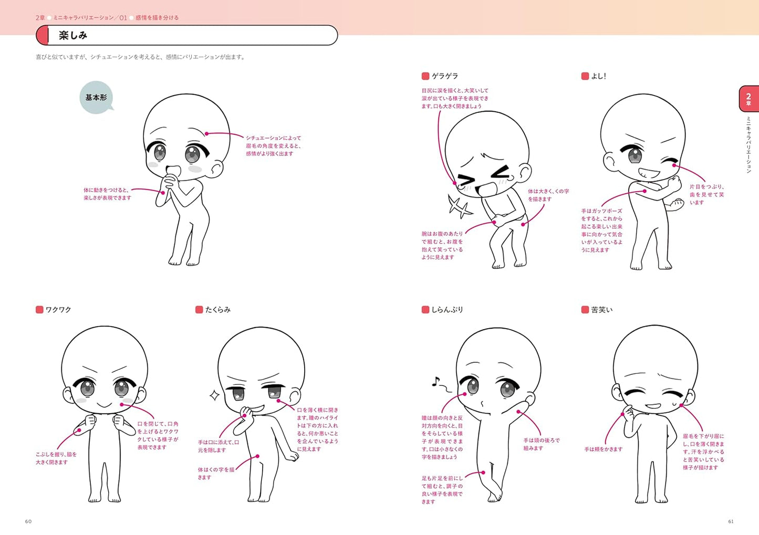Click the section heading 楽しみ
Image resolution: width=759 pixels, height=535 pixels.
(x=73, y=36)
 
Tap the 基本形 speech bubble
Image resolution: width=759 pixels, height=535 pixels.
(x=96, y=98)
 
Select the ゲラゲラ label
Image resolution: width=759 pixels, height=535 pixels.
(x=444, y=76)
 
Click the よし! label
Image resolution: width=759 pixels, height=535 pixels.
(x=598, y=76)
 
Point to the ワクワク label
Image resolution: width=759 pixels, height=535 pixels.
(x=58, y=310)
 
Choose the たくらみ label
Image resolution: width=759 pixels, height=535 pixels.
(x=217, y=310)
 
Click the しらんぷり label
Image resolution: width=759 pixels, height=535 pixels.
(x=447, y=310)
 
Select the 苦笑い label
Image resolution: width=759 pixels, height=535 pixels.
(x=601, y=310)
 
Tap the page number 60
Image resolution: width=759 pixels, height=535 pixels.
(x=28, y=521)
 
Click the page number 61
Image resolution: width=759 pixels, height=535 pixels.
(x=731, y=521)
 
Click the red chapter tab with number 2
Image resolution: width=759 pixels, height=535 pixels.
(x=748, y=99)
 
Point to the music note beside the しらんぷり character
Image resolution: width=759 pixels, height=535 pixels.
(x=436, y=382)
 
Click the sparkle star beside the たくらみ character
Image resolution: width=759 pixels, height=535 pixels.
(x=214, y=395)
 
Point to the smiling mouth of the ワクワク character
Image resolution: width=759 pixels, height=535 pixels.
(x=104, y=405)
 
